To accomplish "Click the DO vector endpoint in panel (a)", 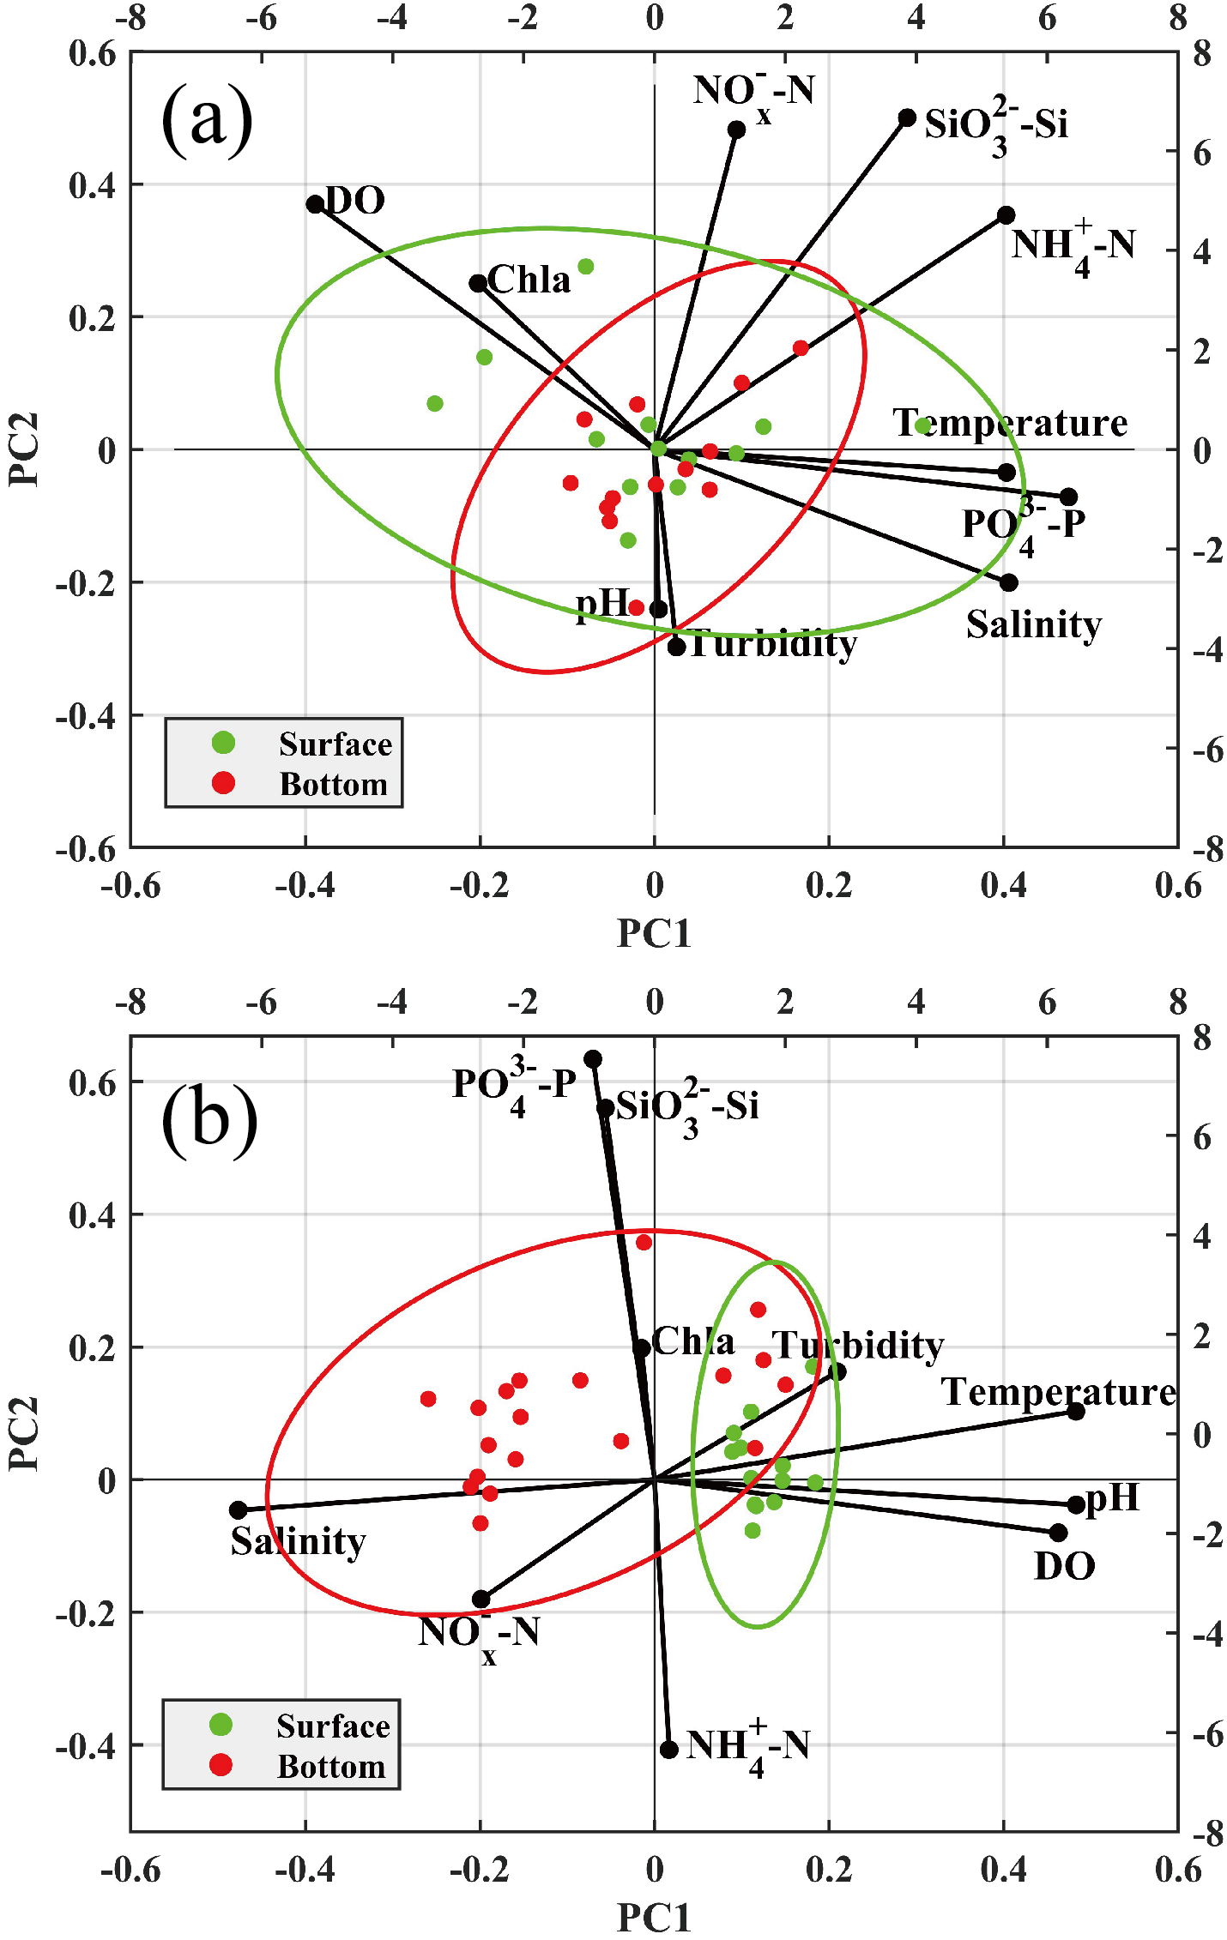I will click(x=315, y=203).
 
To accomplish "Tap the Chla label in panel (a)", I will click(x=529, y=280).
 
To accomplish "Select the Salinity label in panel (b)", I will click(x=298, y=1541).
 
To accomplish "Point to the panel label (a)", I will click(x=207, y=119).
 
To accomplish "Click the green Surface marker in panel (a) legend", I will click(x=223, y=743).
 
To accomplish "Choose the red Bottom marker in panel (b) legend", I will click(x=221, y=1764).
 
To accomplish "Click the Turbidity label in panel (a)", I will click(x=772, y=643).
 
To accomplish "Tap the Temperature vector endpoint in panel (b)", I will click(x=1076, y=1411).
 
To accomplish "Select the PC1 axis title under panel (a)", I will click(x=654, y=933).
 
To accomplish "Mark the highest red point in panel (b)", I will click(x=644, y=1242).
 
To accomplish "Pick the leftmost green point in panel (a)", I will click(x=435, y=403).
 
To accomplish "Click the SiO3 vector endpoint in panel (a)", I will click(x=907, y=117).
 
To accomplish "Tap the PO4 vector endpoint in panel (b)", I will click(x=593, y=1059).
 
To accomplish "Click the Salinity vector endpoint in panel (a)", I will click(x=1009, y=582).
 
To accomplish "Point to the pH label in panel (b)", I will click(x=1113, y=1498).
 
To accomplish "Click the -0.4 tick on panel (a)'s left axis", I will click(x=86, y=715).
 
